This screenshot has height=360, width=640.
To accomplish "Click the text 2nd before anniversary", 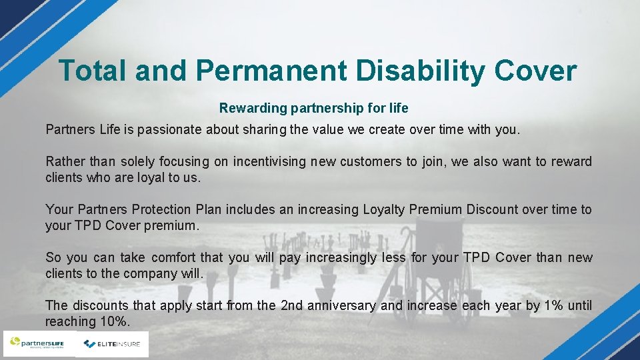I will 292,305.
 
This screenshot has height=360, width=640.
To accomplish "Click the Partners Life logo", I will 37,344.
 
